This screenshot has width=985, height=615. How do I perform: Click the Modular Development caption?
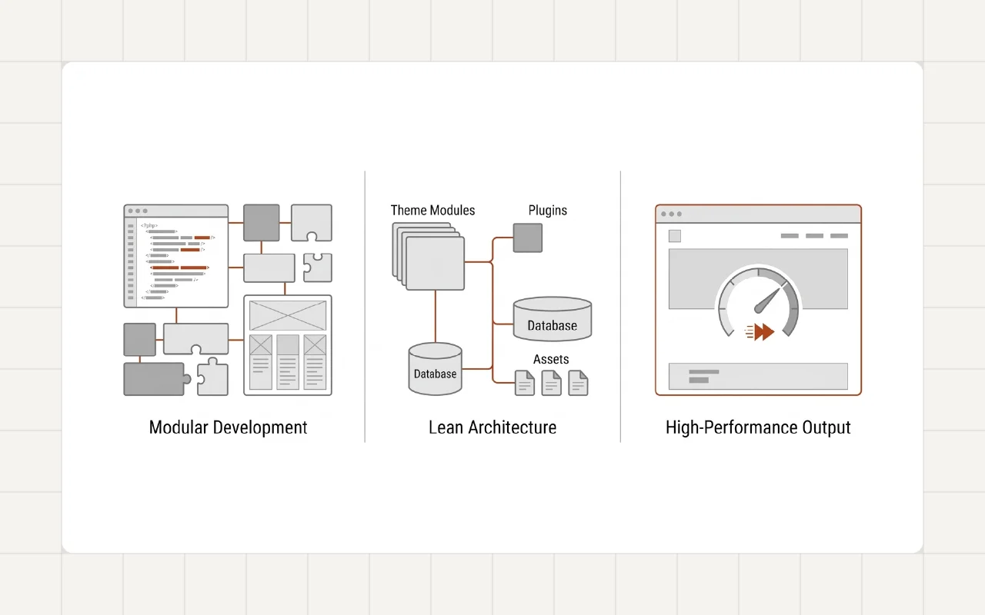pos(228,427)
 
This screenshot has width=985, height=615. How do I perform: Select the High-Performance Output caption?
pos(758,427)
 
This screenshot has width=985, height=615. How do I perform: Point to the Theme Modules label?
pos(432,210)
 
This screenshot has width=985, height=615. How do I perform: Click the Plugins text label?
pos(547,210)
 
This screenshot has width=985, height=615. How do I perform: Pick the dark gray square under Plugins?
pos(528,238)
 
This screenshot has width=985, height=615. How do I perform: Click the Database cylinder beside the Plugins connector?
pos(553,320)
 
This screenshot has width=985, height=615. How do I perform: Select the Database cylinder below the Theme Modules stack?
pos(435,370)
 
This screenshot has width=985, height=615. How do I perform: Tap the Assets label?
pos(551,359)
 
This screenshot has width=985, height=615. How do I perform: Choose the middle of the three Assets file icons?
pos(552,383)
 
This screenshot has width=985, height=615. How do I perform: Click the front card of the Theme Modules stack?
pos(435,264)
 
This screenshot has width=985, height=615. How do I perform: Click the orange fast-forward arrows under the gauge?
pos(762,332)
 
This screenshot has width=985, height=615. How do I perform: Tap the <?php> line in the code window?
pos(149,225)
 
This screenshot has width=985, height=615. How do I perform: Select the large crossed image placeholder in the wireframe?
pos(288,315)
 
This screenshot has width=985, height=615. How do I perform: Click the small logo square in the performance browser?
pos(675,236)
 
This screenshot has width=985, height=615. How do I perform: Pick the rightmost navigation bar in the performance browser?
pos(839,236)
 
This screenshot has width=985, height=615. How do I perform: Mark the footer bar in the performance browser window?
pos(758,376)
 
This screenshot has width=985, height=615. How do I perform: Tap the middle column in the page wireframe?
pos(288,361)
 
